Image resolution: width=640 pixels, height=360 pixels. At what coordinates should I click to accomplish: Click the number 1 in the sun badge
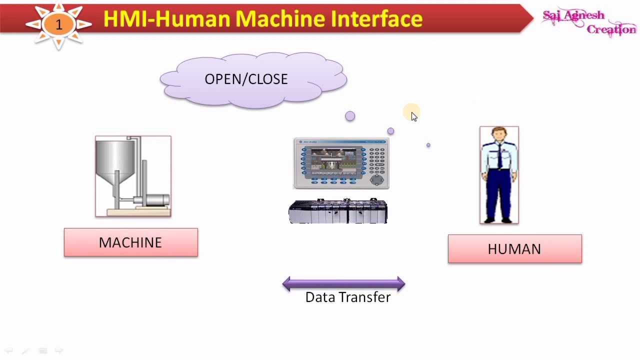tap(59, 24)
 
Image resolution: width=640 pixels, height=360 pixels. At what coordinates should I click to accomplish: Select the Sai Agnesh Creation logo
tap(589, 22)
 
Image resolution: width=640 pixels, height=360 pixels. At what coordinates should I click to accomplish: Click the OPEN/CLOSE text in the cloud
tap(246, 79)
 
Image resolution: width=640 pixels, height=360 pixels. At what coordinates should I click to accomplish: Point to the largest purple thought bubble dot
tap(350, 116)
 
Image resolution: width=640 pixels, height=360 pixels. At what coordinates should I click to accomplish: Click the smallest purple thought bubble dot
tap(428, 145)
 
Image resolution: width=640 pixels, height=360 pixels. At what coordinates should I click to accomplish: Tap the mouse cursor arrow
tap(413, 116)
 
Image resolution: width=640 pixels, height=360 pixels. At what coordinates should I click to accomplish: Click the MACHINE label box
tap(130, 242)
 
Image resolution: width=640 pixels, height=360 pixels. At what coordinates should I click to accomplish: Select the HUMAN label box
tap(514, 249)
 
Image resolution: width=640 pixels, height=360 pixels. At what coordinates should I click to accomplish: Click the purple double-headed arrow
tap(343, 284)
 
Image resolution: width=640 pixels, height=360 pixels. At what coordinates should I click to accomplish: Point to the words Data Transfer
tap(347, 297)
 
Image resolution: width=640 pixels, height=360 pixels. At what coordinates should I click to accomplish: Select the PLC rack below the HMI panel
tap(338, 212)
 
